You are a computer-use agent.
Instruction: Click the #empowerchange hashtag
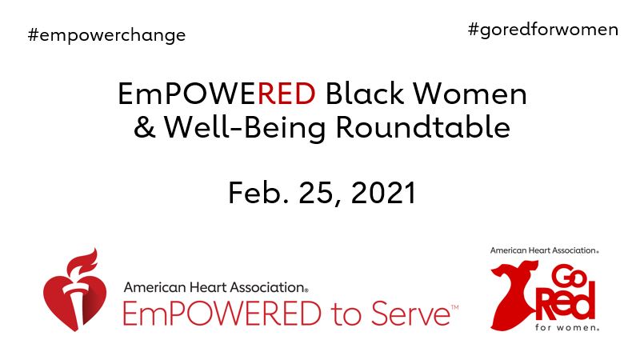106,35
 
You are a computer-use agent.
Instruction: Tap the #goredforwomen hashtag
543,30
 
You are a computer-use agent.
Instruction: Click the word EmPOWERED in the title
216,94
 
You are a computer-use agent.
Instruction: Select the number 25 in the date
313,193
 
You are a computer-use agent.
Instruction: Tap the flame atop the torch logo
83,261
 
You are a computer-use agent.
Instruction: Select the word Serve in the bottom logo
410,312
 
